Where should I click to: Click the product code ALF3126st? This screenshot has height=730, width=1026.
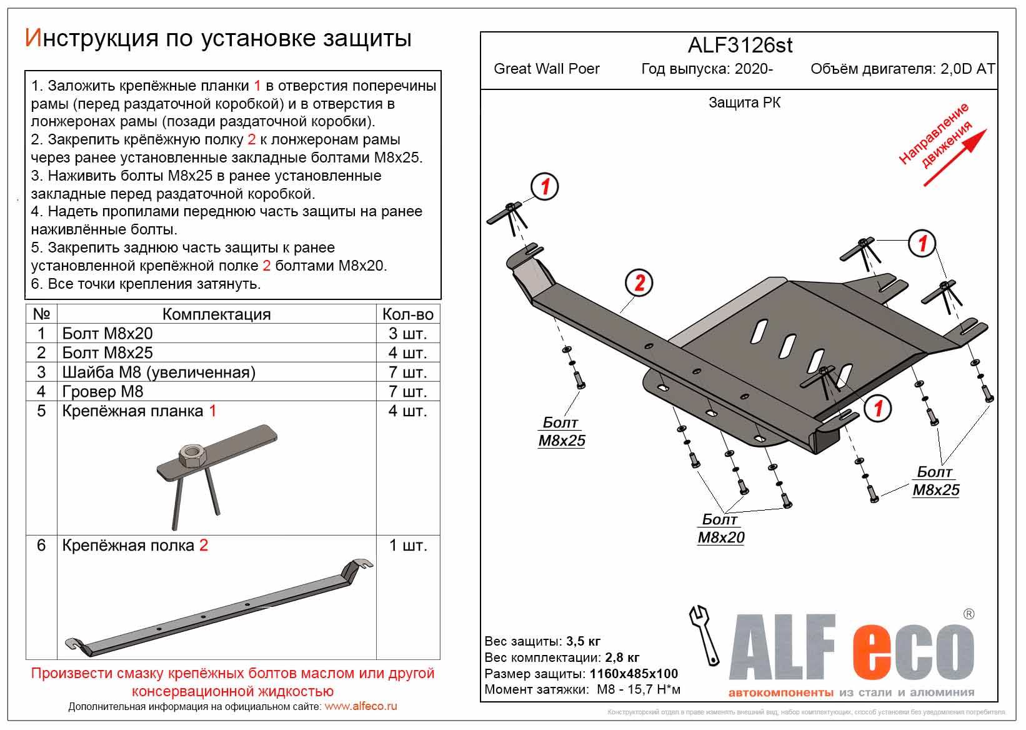click(x=740, y=46)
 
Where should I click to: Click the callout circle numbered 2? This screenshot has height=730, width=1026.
click(x=639, y=282)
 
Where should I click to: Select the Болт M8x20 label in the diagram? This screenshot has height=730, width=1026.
click(x=720, y=529)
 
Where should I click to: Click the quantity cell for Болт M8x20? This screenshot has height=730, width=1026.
click(x=407, y=333)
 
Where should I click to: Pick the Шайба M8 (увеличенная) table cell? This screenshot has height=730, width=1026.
click(x=159, y=372)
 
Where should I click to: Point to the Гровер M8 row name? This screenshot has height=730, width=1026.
click(x=102, y=392)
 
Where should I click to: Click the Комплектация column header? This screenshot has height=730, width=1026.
click(x=216, y=314)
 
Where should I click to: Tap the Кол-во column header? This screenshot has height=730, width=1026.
click(x=407, y=314)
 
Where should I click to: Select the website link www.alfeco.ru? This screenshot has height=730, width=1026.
click(x=361, y=706)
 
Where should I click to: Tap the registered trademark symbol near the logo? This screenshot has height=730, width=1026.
click(x=969, y=614)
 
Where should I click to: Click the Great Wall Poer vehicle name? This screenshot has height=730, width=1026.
click(x=546, y=69)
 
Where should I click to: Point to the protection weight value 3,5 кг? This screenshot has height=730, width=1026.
click(x=583, y=641)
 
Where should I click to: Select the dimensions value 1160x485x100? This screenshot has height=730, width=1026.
click(x=634, y=674)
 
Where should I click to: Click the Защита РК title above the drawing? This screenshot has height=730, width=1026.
click(x=744, y=102)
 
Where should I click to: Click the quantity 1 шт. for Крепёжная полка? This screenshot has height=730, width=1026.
click(x=407, y=546)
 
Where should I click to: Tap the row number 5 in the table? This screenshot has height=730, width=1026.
click(x=41, y=411)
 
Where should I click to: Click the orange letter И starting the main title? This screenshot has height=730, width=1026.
click(x=32, y=39)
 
